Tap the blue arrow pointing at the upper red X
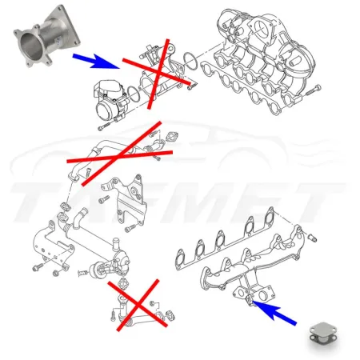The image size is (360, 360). coord(94,59)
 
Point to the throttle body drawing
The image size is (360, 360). coord(112,101)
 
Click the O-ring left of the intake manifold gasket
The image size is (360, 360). coord(192,60)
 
